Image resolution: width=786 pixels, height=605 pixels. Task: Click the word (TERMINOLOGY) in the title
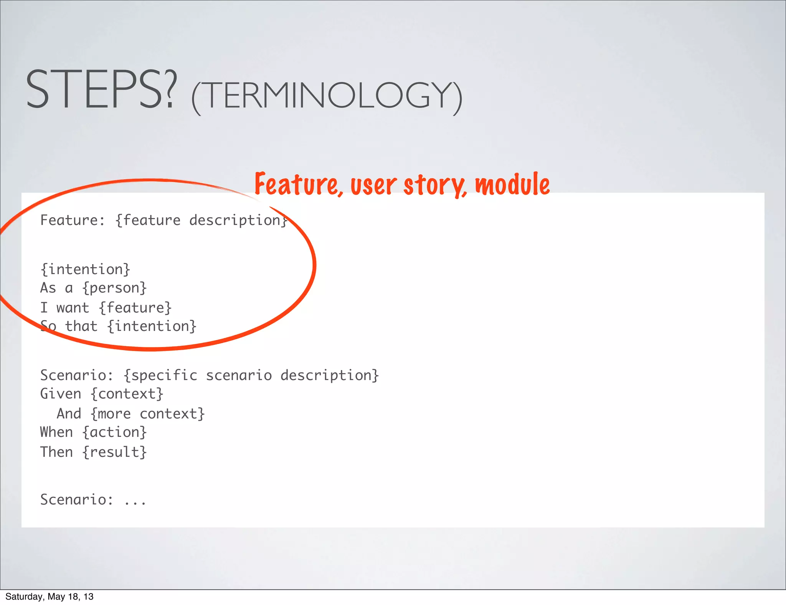tap(327, 96)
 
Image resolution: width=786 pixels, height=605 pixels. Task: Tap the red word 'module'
tap(512, 184)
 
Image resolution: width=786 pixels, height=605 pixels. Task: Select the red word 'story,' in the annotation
tap(435, 185)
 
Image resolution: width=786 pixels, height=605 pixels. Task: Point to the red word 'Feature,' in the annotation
tap(298, 184)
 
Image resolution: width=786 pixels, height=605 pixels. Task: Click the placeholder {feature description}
tap(201, 220)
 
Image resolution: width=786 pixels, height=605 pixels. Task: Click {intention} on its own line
tap(85, 269)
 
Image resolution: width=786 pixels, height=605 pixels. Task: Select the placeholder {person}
tap(114, 288)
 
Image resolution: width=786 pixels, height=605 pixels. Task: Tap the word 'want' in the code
tap(73, 308)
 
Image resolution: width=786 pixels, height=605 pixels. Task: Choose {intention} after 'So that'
tap(152, 326)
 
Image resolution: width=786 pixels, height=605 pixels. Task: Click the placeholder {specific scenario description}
tap(251, 375)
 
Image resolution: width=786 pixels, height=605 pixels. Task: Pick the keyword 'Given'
tap(61, 394)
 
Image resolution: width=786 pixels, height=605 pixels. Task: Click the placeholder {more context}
tap(147, 414)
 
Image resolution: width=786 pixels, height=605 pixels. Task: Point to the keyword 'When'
tap(56, 432)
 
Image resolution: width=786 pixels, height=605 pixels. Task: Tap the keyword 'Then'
tap(56, 452)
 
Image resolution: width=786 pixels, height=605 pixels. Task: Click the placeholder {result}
tap(114, 452)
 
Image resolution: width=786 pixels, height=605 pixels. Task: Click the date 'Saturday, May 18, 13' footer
tap(49, 597)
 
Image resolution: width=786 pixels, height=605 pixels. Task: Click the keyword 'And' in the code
tap(69, 414)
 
